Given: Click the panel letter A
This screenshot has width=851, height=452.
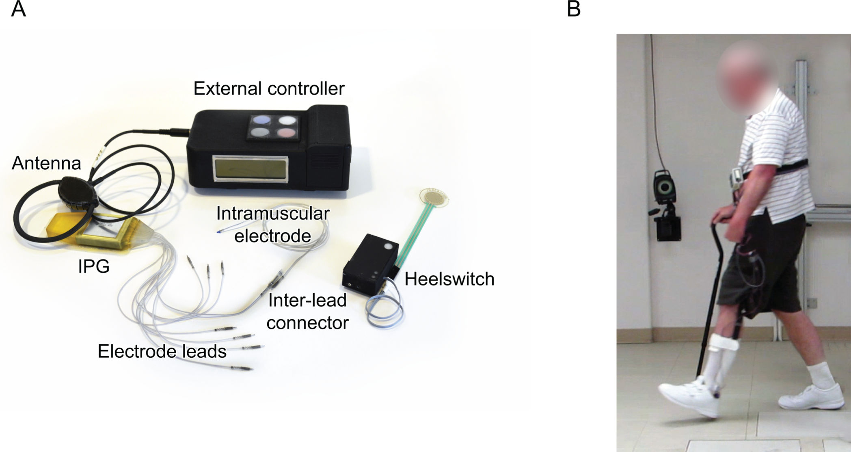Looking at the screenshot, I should coord(18,9).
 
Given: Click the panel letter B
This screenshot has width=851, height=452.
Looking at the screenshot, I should coord(573,9).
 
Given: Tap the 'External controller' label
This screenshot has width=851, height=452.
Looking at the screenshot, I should coord(269,89).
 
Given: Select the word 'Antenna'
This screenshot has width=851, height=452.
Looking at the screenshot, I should coord(46,163).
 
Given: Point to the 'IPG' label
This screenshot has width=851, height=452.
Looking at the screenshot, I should coord(94,267).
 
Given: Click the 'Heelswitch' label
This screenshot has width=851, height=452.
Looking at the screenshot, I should coord(449,279).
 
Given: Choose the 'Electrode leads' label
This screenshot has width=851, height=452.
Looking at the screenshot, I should coord(162,351).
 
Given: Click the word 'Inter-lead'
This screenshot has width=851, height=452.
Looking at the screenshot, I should coord(307,301).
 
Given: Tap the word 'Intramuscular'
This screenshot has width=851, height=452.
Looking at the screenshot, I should coord(272,214).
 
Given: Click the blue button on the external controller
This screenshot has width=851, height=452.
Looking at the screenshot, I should coord(260,120).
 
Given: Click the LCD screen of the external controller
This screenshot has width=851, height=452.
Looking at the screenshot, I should coord(251,167).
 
